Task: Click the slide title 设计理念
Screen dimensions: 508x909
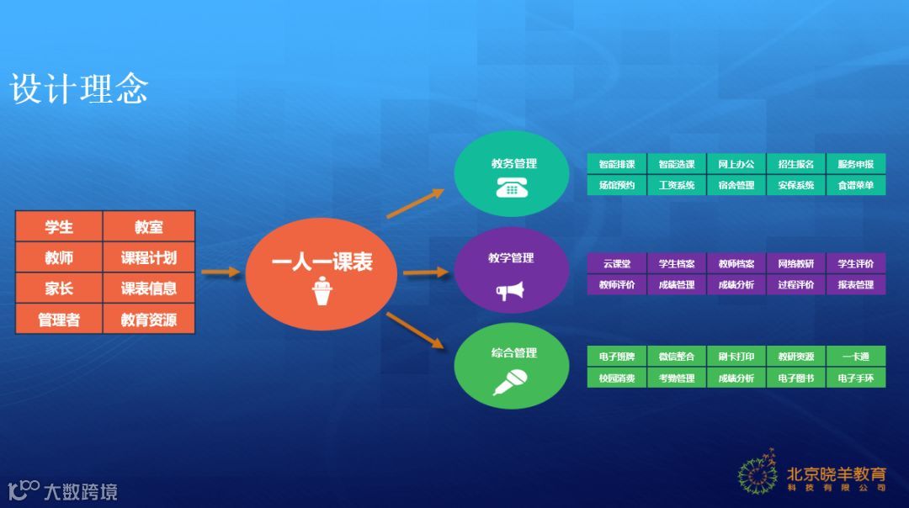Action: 79,89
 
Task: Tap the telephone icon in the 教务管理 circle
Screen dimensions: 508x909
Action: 513,188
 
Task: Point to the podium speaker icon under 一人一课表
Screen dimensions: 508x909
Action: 321,294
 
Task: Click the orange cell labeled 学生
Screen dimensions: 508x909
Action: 59,227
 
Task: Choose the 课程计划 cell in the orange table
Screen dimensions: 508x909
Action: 149,258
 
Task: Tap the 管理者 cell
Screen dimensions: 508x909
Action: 59,320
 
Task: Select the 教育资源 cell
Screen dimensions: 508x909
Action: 149,320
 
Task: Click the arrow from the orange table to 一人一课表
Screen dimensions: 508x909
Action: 221,273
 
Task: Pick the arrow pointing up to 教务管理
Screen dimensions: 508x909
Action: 415,204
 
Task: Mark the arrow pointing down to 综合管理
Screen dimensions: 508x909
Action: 415,330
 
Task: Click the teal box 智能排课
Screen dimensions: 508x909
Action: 617,164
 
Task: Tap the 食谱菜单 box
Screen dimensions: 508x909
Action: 856,185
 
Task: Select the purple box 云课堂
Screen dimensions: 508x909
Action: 617,264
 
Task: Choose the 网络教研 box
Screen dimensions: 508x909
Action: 796,264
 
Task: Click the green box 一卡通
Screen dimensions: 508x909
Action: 856,357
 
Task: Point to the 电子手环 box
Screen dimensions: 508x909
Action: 856,378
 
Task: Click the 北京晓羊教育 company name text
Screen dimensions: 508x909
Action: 836,474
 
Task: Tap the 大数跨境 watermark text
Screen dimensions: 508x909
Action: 81,491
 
